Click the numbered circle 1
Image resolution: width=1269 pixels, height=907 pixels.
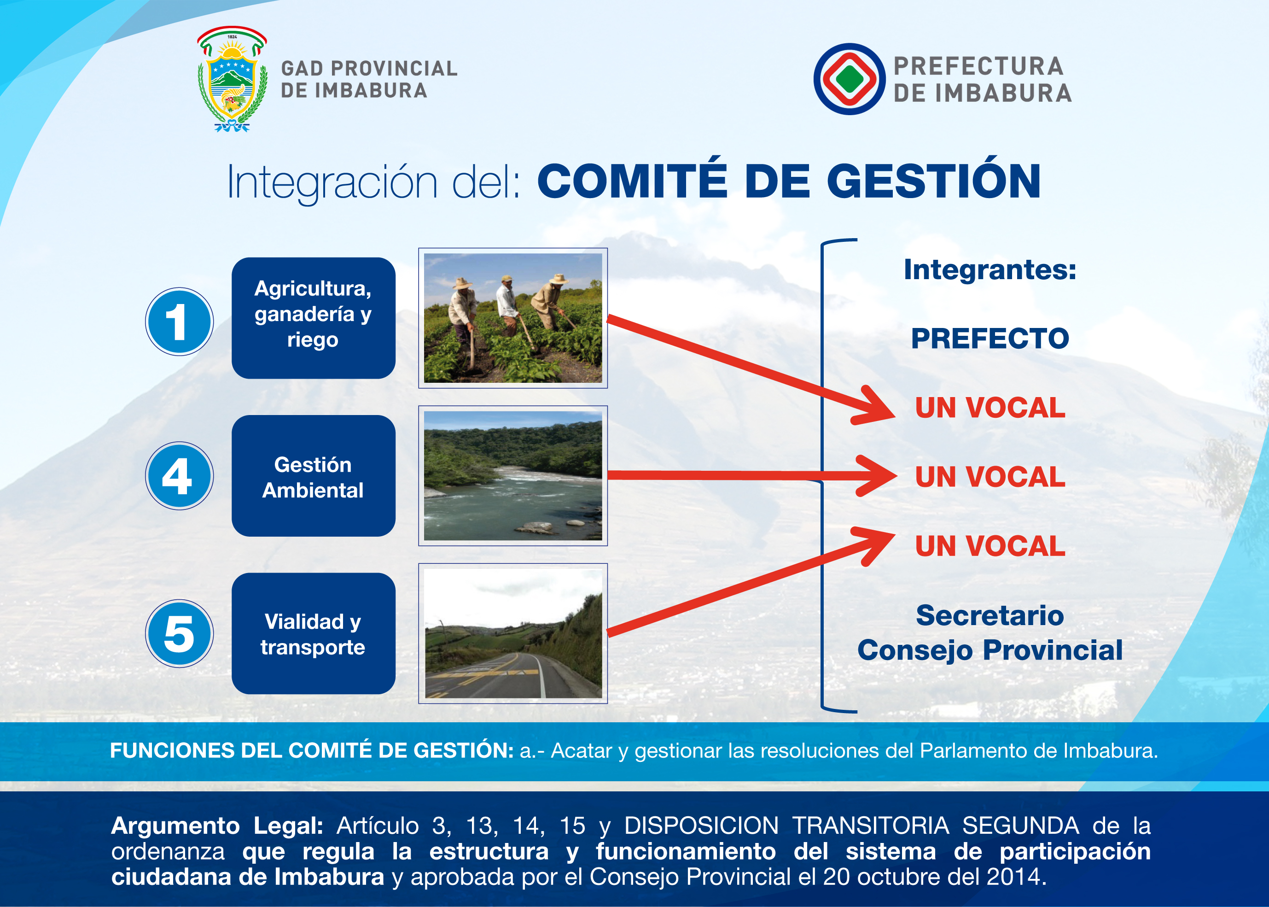click(x=179, y=322)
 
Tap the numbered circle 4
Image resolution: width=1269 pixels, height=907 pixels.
click(x=179, y=476)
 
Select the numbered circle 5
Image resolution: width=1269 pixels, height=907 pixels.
click(x=179, y=633)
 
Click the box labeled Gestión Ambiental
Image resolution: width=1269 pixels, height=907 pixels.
click(x=313, y=476)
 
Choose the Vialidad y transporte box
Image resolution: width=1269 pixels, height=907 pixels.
click(x=313, y=633)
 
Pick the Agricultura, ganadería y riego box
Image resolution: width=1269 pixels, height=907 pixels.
click(x=313, y=318)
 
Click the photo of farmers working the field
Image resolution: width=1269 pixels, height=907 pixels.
click(x=513, y=318)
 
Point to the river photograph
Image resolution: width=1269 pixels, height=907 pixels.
click(x=513, y=476)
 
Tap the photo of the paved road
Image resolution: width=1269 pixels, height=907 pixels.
click(x=513, y=633)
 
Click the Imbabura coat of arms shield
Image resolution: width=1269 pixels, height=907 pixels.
click(x=232, y=79)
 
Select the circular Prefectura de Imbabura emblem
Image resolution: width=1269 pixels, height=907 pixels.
click(x=849, y=79)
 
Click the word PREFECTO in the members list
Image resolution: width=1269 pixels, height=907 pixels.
click(x=990, y=339)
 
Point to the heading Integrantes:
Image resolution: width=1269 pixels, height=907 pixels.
click(x=990, y=270)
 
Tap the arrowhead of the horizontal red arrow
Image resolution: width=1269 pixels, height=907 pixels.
click(x=877, y=476)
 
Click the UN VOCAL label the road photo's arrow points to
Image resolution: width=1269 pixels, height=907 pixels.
click(x=990, y=546)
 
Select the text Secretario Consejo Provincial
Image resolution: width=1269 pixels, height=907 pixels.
click(x=990, y=633)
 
